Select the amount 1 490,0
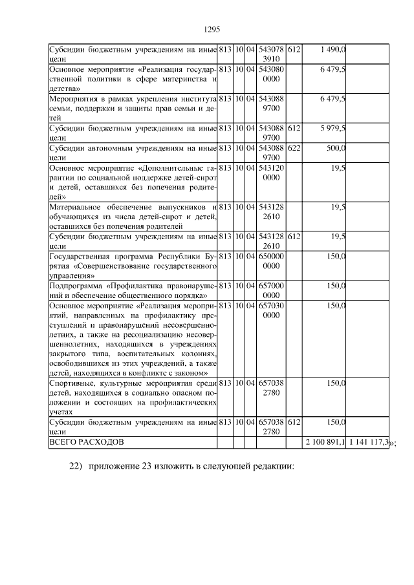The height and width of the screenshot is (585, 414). [x=334, y=49]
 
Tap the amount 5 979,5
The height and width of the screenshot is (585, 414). [x=332, y=129]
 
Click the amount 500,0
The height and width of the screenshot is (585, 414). [x=336, y=148]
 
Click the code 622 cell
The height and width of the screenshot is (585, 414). [x=294, y=148]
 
